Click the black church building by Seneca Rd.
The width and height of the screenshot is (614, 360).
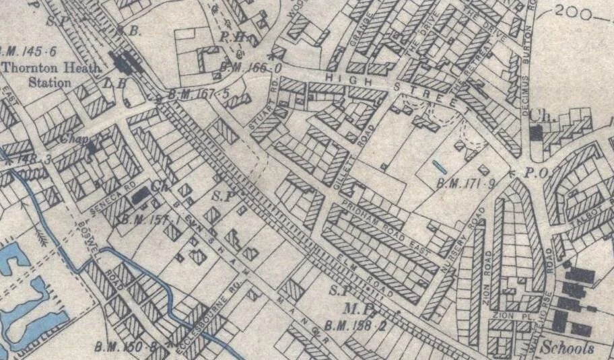[140, 196]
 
